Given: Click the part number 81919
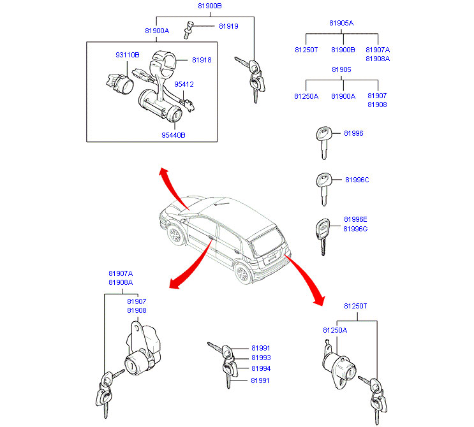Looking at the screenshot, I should point(228,26).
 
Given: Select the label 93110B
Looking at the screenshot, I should point(127,55).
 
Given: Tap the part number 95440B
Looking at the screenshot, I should point(173,135).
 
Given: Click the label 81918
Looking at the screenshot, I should point(202,60).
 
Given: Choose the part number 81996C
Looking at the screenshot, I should point(357,180).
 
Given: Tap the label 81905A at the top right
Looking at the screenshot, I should point(341,23).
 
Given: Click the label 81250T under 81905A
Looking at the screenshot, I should point(306,49).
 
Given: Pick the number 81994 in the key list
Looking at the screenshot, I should point(260,368).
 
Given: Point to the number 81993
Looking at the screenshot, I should point(260,358).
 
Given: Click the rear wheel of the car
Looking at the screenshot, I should point(242,274).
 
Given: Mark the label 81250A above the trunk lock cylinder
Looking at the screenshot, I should point(335,330).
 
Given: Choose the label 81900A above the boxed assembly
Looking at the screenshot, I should point(157,31).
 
